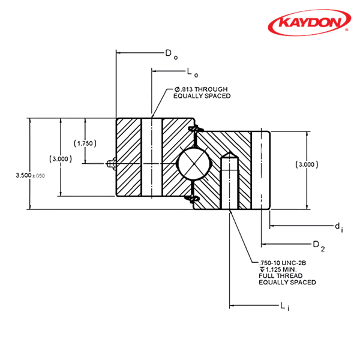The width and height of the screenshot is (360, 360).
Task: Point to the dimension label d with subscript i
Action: click(x=338, y=226)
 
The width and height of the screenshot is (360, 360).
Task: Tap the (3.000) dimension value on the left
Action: click(x=61, y=159)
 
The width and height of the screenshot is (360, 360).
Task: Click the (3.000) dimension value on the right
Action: click(x=307, y=163)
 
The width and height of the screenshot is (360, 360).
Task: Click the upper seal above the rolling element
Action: click(x=194, y=130)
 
